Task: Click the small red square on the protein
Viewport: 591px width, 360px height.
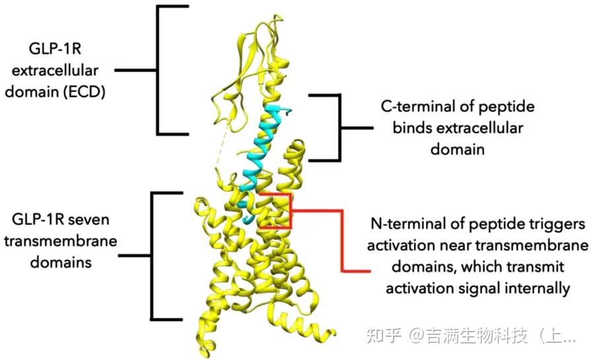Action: (274, 211)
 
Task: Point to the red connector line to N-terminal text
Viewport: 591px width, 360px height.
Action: (343, 241)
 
